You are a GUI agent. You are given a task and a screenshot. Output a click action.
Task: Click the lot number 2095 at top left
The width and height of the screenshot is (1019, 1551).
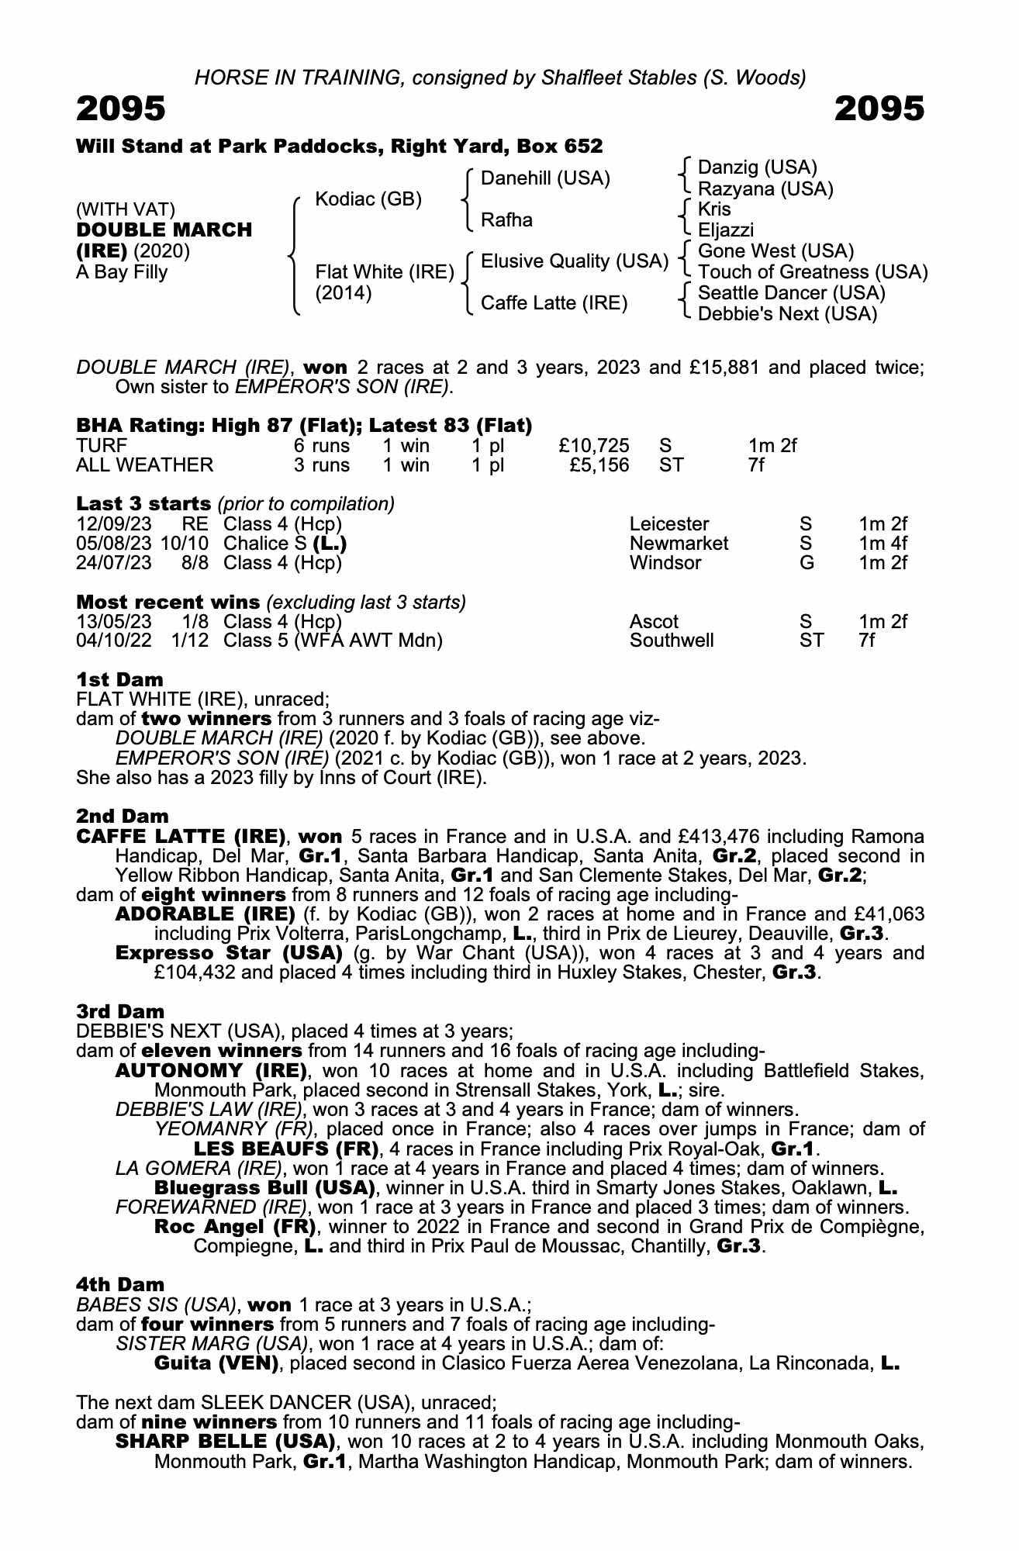121,109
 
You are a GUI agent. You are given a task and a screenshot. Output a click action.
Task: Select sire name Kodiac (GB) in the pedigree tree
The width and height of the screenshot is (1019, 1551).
368,199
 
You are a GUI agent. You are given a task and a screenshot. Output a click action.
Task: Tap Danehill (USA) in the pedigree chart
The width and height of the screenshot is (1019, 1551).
545,178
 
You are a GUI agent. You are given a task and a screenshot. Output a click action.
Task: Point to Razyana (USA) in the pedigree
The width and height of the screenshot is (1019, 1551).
765,188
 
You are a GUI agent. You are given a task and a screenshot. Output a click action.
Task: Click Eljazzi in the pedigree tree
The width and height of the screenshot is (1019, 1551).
726,230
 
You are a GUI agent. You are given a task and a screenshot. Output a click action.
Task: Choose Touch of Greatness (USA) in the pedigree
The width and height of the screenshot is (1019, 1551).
813,272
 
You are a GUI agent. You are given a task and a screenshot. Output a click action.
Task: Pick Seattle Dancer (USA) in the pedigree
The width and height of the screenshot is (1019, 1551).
792,293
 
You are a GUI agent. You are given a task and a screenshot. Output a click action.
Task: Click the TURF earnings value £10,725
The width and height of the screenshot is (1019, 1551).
594,446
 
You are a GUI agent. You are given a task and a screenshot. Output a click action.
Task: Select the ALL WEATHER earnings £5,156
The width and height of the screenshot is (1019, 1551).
599,465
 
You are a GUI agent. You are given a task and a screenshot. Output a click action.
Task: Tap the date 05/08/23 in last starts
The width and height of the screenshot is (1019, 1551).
114,544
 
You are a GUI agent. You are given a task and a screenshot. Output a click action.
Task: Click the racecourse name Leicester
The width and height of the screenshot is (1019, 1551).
669,524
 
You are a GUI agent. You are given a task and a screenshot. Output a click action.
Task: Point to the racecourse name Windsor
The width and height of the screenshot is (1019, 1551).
665,563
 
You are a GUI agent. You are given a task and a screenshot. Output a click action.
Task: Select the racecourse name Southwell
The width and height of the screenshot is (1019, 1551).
672,641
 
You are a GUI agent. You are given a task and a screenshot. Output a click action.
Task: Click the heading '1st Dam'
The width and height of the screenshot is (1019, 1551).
119,680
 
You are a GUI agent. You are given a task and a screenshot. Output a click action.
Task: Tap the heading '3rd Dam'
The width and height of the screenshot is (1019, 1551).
121,1011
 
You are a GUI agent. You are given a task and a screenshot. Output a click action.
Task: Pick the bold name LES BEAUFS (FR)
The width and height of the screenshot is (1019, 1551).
286,1149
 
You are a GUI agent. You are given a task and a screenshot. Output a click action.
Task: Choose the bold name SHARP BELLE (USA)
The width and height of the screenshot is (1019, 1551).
226,1442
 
